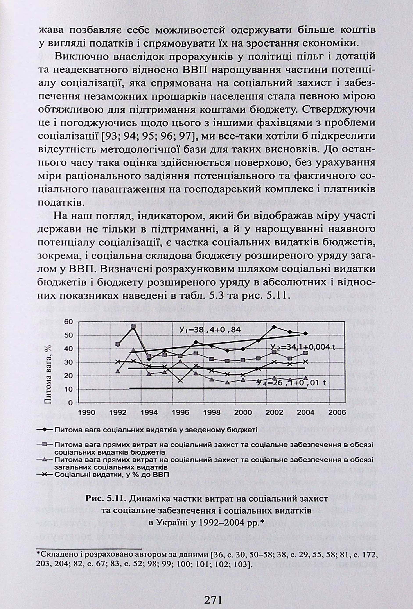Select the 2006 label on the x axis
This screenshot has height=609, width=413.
(337, 413)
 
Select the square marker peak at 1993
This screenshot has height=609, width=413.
(133, 327)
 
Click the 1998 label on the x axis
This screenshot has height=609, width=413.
(212, 413)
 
